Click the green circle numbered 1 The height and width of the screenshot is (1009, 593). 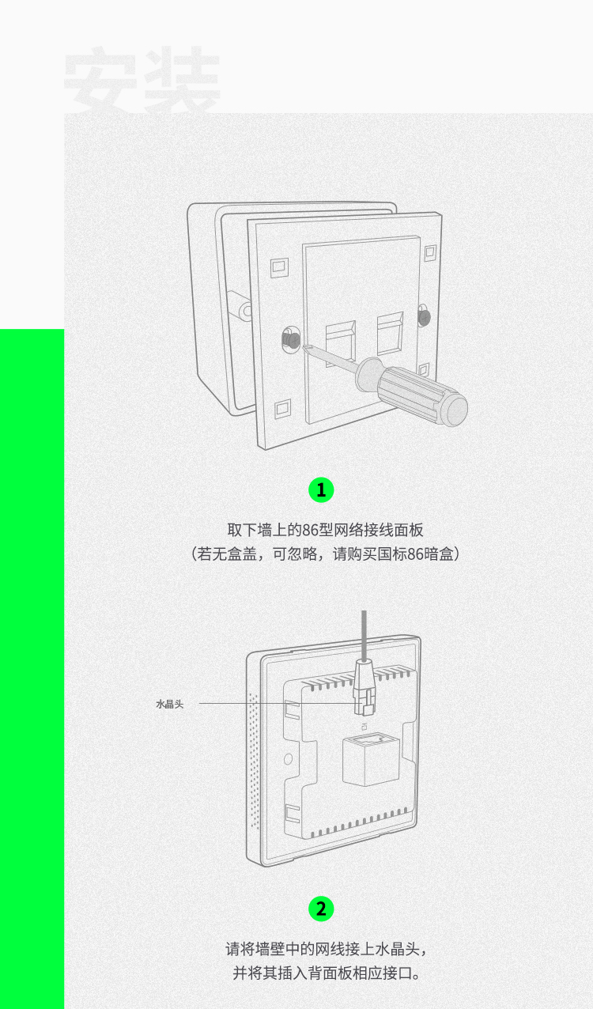tap(321, 490)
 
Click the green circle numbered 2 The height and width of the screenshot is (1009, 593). tap(321, 909)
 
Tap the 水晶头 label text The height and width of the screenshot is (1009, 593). tap(170, 704)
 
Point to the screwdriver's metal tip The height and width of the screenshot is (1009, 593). tap(305, 347)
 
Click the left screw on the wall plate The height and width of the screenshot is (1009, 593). tap(291, 338)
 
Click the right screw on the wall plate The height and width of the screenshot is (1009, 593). tap(424, 316)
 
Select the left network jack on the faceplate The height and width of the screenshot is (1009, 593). tap(341, 342)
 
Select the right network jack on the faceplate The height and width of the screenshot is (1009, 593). tap(390, 333)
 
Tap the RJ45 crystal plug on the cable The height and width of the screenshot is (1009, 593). tap(364, 687)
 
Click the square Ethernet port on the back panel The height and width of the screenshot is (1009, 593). tap(371, 760)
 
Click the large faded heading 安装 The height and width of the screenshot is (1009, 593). tap(142, 79)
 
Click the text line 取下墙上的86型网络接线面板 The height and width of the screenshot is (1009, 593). tap(325, 530)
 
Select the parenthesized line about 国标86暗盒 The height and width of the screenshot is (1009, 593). tap(325, 554)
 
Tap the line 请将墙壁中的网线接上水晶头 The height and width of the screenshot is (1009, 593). tap(326, 949)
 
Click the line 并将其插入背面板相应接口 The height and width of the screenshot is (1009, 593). tap(326, 973)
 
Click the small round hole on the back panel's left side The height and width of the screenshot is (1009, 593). tap(288, 759)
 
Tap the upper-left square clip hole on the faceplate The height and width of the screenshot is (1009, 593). tap(280, 267)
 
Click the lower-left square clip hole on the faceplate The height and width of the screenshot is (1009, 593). tap(282, 408)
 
